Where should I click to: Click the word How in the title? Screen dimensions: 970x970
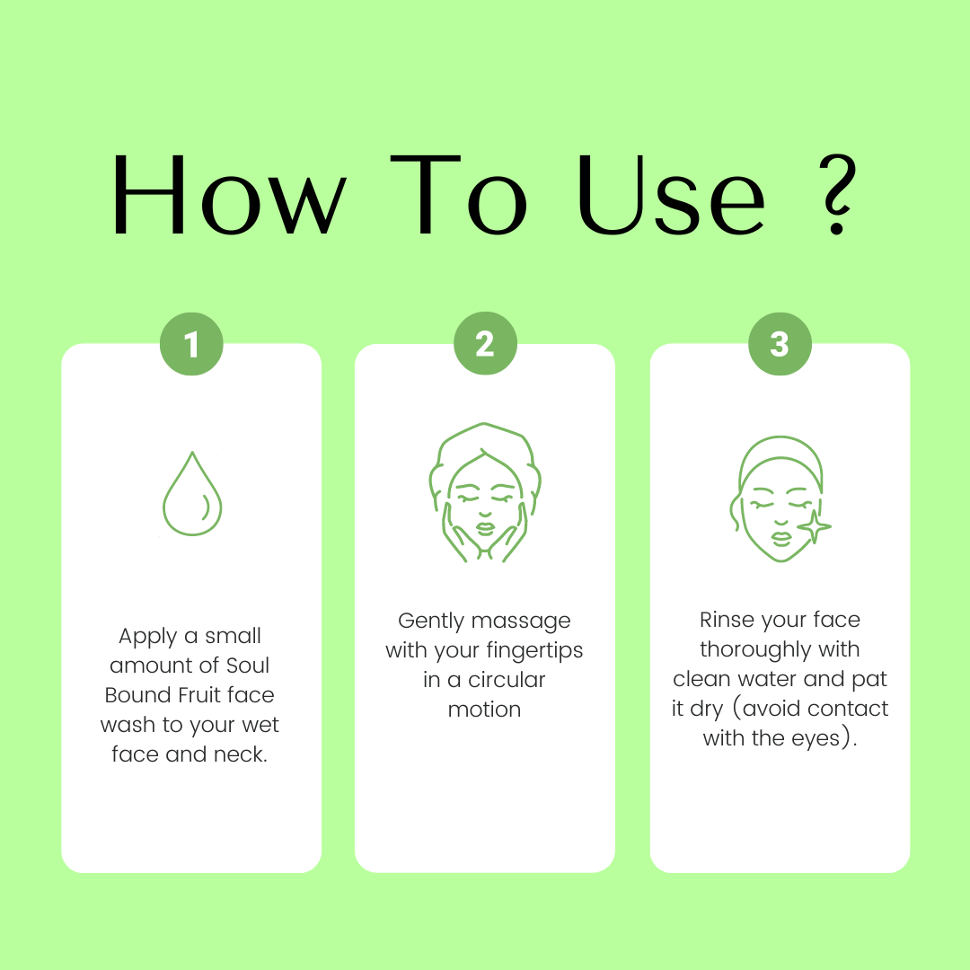229,194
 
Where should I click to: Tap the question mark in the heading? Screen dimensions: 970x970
837,194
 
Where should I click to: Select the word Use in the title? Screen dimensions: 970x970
671,194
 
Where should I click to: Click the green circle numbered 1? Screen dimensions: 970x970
191,344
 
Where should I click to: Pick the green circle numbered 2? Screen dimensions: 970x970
485,343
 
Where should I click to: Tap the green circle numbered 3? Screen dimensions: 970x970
780,344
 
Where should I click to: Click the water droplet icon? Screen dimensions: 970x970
192,494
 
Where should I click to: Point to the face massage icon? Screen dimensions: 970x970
485,492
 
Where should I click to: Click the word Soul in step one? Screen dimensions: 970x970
248,665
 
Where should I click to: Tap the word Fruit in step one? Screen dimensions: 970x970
198,694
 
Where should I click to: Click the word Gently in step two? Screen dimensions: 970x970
430,622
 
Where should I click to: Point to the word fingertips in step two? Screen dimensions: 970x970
534,651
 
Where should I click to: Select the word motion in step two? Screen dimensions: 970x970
484,709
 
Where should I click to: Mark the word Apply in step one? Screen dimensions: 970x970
148,637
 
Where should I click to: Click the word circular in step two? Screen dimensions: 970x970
507,679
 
